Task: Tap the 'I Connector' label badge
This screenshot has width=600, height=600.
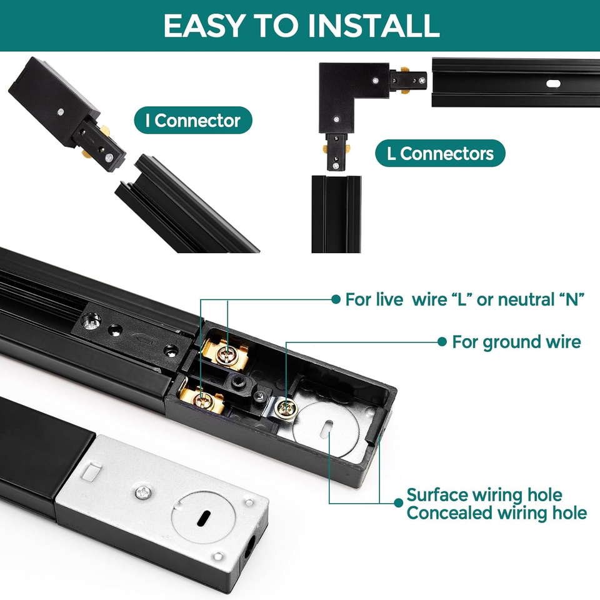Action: pos(193,120)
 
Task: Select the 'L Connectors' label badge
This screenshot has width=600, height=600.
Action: pos(440,153)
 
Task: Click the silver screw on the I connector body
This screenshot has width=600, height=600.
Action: pos(61,112)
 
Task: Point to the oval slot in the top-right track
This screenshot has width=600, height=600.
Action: pos(553,83)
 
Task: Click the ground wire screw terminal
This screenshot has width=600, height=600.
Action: pos(286,408)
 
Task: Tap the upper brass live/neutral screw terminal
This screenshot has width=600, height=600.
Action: pos(226,354)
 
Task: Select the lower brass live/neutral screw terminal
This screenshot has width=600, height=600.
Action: pos(202,400)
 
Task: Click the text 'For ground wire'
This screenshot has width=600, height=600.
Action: pos(516,342)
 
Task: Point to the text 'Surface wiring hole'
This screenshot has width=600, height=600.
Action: pos(484,494)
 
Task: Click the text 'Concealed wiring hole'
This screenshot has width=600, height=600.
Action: pos(496,512)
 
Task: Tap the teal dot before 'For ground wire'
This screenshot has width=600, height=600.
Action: pos(442,342)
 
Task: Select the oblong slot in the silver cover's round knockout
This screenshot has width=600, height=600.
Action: pos(204,517)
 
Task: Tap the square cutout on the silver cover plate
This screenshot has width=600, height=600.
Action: pos(92,471)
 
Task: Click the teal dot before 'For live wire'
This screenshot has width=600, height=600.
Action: pos(336,299)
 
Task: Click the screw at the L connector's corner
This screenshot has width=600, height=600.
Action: pos(376,81)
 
